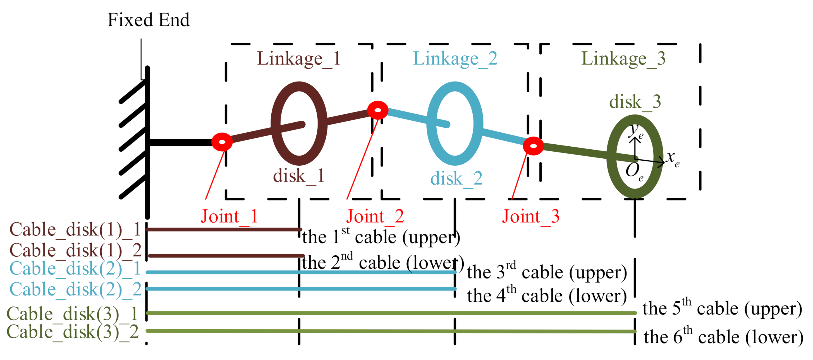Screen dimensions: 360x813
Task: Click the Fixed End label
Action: [x=148, y=20]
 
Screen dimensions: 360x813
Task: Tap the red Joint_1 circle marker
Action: [x=222, y=142]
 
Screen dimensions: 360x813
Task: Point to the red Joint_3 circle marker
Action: [x=533, y=146]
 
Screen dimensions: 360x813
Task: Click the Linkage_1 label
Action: [x=298, y=58]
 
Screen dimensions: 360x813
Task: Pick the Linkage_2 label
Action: [x=455, y=58]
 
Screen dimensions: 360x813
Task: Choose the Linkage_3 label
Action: [x=623, y=58]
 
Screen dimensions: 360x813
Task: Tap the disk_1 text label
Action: [x=298, y=176]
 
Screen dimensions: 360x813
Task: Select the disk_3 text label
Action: [x=635, y=102]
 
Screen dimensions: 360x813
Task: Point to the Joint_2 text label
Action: [x=375, y=217]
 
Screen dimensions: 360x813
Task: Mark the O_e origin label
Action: [x=634, y=171]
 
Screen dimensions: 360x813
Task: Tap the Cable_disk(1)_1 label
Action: [x=75, y=230]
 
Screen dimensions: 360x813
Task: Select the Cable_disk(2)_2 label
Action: [x=75, y=289]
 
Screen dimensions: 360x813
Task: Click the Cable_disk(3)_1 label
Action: [x=72, y=314]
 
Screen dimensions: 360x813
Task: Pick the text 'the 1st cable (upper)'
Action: [x=381, y=237]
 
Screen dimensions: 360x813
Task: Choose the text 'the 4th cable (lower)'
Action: [x=547, y=295]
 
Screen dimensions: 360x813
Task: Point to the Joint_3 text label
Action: [x=530, y=217]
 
